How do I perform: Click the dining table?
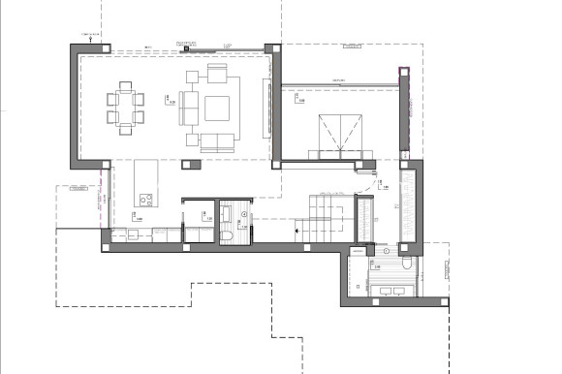click(x=126, y=105)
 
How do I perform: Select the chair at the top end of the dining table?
click(x=126, y=85)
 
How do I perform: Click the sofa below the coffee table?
click(x=217, y=141)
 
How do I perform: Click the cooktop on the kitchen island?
click(x=146, y=200)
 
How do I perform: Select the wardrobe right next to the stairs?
click(x=365, y=218)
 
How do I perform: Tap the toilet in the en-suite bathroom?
click(x=406, y=263)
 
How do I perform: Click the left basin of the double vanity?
click(x=381, y=289)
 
